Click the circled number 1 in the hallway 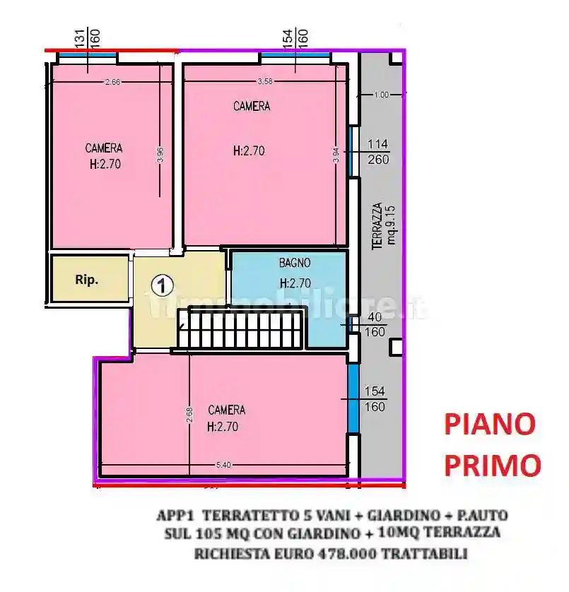(163, 285)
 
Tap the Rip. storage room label (87, 279)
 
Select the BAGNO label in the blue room (295, 263)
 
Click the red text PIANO (489, 425)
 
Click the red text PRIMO (492, 465)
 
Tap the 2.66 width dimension (112, 83)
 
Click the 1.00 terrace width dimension (381, 95)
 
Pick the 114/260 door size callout (378, 152)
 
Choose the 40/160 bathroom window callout (375, 324)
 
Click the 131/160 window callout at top (88, 36)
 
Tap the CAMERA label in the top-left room (104, 148)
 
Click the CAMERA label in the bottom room (227, 410)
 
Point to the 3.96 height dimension (160, 153)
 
